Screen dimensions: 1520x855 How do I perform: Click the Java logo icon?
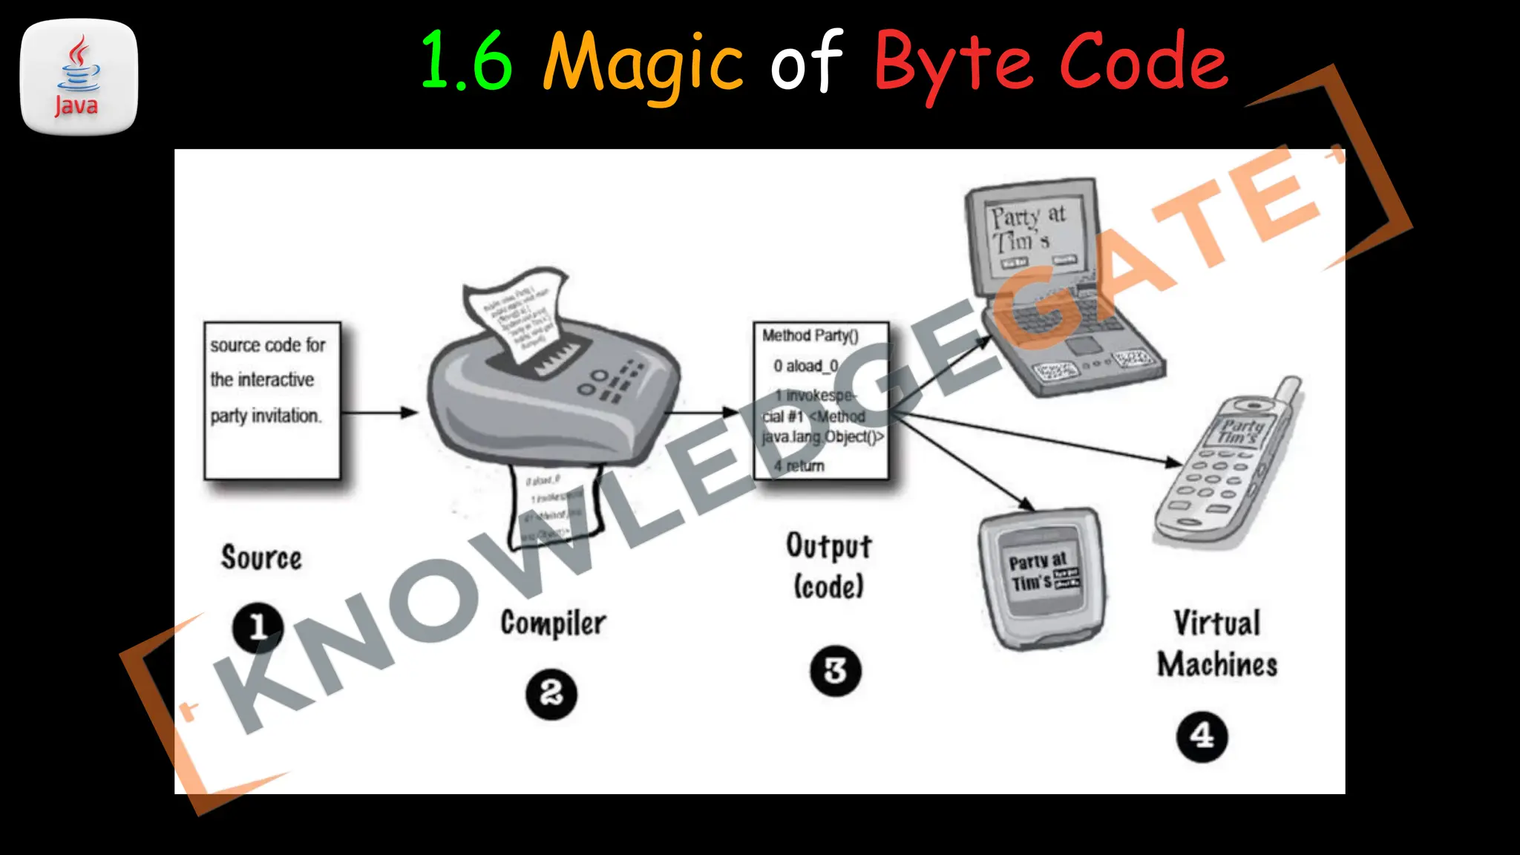(x=79, y=77)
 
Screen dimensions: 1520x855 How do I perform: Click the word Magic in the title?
(x=643, y=64)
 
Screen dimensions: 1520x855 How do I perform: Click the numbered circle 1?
(x=258, y=627)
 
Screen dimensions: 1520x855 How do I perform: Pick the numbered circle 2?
(x=551, y=694)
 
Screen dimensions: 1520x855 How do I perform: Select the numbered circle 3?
(x=835, y=671)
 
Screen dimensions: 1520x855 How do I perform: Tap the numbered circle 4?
(x=1202, y=736)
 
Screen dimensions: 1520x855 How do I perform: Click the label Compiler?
(x=553, y=623)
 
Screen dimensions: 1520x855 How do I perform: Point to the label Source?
(x=261, y=558)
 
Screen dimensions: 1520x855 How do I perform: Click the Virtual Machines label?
(x=1217, y=643)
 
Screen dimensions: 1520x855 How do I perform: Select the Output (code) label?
(x=829, y=566)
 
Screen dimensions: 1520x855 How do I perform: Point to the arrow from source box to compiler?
(x=380, y=412)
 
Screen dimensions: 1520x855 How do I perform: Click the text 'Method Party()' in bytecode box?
(x=810, y=336)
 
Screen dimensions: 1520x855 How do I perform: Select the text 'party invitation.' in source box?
(x=266, y=416)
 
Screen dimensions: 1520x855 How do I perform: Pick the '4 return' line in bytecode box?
(x=799, y=466)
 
